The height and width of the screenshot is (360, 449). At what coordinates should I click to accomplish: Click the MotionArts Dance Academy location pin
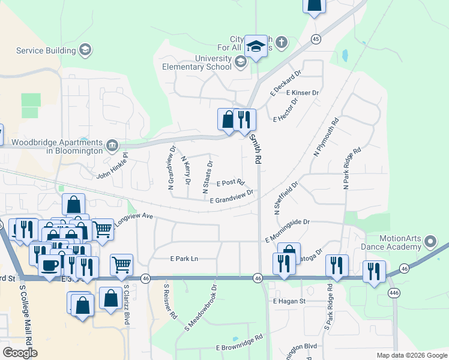430,242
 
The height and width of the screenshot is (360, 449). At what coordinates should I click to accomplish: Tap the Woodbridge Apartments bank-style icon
112,145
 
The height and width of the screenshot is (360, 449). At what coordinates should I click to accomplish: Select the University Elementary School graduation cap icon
241,61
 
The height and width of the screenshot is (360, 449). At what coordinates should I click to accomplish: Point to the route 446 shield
394,291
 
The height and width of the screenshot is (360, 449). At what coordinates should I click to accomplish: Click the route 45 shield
316,38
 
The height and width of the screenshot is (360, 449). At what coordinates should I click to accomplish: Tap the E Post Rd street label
231,182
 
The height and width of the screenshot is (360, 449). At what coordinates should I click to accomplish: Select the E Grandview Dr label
232,196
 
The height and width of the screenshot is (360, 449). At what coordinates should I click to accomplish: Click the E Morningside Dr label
288,223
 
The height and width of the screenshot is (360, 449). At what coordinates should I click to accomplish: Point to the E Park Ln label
184,259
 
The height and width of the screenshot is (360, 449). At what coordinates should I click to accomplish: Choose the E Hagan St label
289,301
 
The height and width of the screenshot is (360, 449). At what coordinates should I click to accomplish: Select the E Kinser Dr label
303,94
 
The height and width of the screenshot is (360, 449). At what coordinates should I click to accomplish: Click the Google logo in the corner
20,352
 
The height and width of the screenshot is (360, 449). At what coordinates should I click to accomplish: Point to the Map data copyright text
411,355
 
